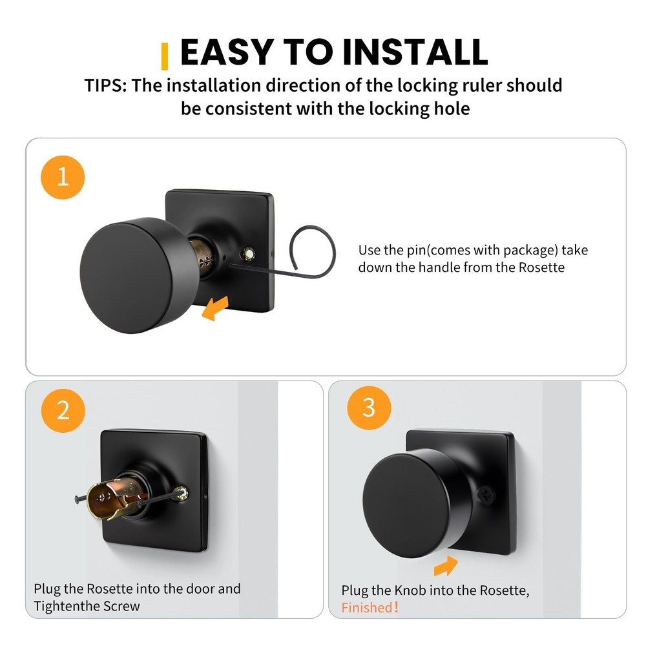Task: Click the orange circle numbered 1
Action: (63, 177)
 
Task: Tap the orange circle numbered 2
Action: (63, 410)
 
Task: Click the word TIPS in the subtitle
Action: (105, 85)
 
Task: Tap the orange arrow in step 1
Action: (215, 309)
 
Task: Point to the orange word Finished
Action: (367, 607)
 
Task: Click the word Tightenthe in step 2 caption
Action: (66, 606)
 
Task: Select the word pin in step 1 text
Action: (417, 250)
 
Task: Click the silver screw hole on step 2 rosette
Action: (185, 493)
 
